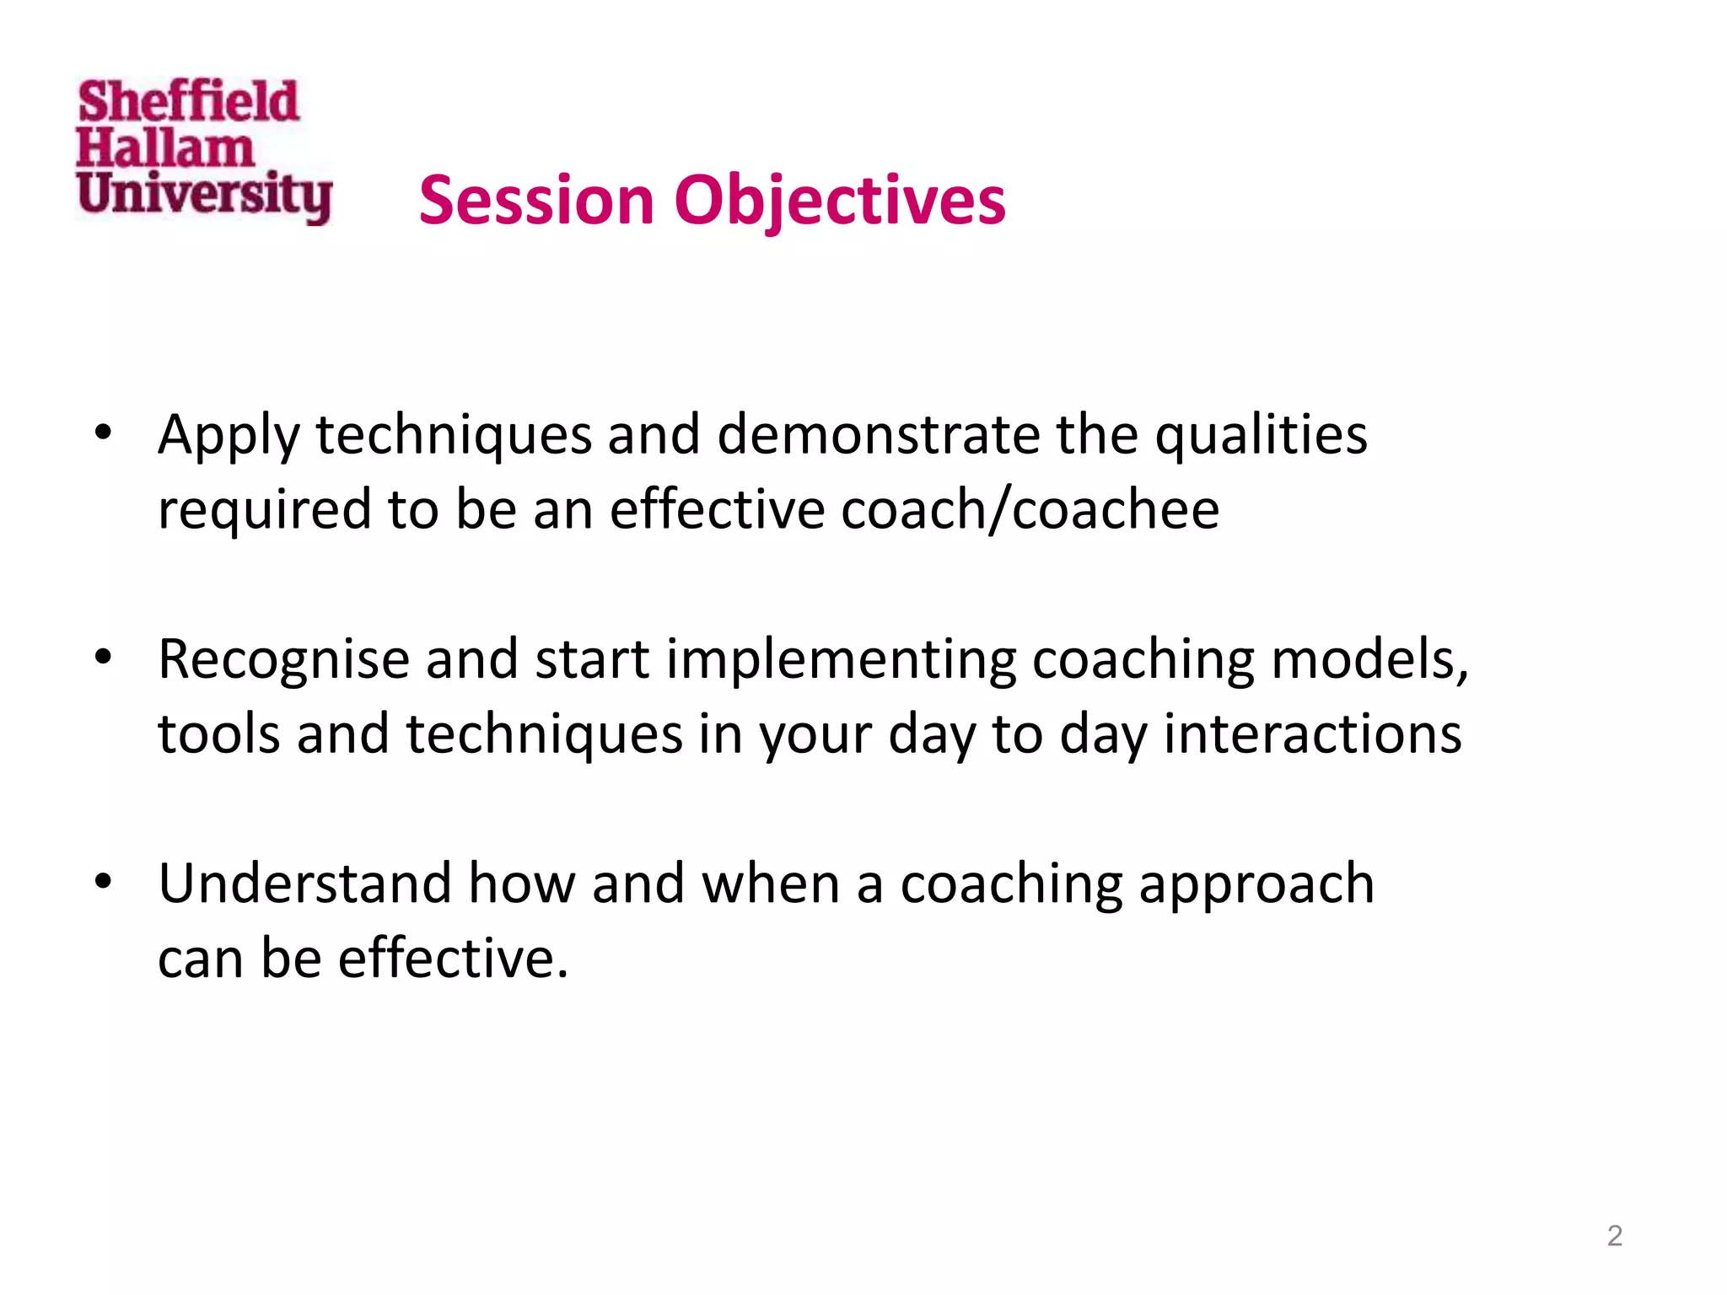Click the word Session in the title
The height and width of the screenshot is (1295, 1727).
(x=536, y=201)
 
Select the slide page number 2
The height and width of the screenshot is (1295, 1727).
(x=1614, y=1235)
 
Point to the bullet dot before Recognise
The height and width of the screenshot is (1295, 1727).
(x=103, y=658)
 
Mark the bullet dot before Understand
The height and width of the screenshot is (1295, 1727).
(x=103, y=882)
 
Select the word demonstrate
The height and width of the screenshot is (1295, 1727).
(x=878, y=435)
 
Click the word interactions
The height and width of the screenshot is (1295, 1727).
(x=1312, y=733)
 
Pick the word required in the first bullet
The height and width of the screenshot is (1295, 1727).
(x=264, y=511)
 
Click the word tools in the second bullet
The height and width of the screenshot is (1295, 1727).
(x=218, y=733)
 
